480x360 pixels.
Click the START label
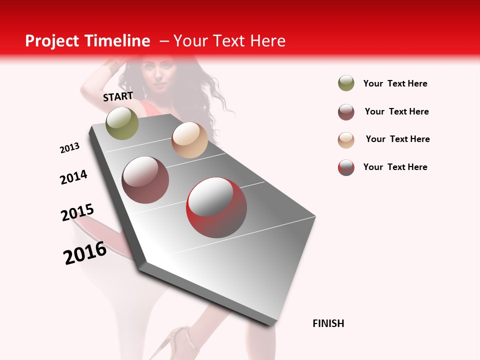click(x=118, y=96)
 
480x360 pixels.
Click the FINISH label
click(x=328, y=323)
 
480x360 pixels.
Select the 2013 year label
click(x=70, y=148)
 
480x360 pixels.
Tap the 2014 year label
click(x=74, y=177)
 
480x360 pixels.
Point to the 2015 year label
click(x=77, y=212)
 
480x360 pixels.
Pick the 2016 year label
click(x=85, y=252)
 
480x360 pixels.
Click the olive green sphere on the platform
click(x=122, y=123)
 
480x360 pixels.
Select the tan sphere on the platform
click(x=189, y=140)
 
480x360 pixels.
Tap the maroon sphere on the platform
click(x=145, y=180)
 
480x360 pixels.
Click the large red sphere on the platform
click(x=216, y=207)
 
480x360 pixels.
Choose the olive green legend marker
click(x=346, y=83)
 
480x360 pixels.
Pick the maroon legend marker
click(x=346, y=112)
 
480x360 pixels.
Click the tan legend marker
click(x=346, y=140)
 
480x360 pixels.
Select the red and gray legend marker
click(x=346, y=167)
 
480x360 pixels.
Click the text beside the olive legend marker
click(x=395, y=83)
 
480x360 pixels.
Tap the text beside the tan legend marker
click(x=397, y=139)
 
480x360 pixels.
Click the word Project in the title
click(x=52, y=41)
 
